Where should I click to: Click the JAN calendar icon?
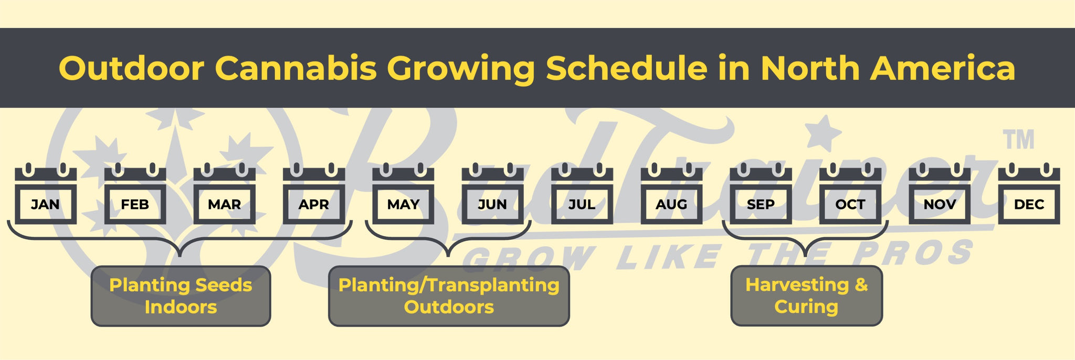tap(46, 194)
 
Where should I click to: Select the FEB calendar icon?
tap(135, 194)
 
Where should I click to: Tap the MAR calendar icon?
tap(225, 194)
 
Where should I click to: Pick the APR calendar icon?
tap(314, 194)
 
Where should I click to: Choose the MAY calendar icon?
tap(403, 194)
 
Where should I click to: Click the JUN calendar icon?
tap(493, 194)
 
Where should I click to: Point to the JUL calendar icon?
tap(582, 194)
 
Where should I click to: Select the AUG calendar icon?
tap(671, 194)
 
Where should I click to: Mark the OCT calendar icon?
tap(850, 194)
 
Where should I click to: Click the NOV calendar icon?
tap(940, 194)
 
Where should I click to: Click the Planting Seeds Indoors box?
tap(181, 296)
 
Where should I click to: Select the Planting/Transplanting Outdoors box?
tap(449, 296)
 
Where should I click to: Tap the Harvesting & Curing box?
tap(807, 295)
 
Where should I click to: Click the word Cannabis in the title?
tap(296, 68)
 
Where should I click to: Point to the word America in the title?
tap(943, 68)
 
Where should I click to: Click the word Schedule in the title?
tap(627, 68)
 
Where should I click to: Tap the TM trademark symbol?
tap(1019, 140)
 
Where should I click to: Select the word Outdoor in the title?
tap(131, 68)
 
